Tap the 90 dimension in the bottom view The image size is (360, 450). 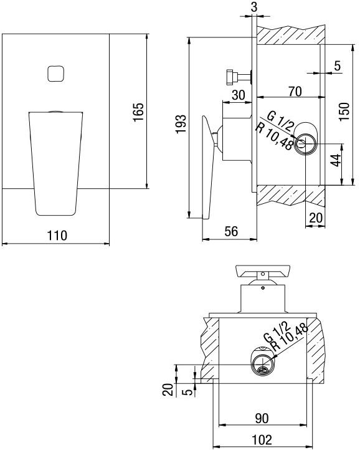pyautogui.click(x=263, y=418)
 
